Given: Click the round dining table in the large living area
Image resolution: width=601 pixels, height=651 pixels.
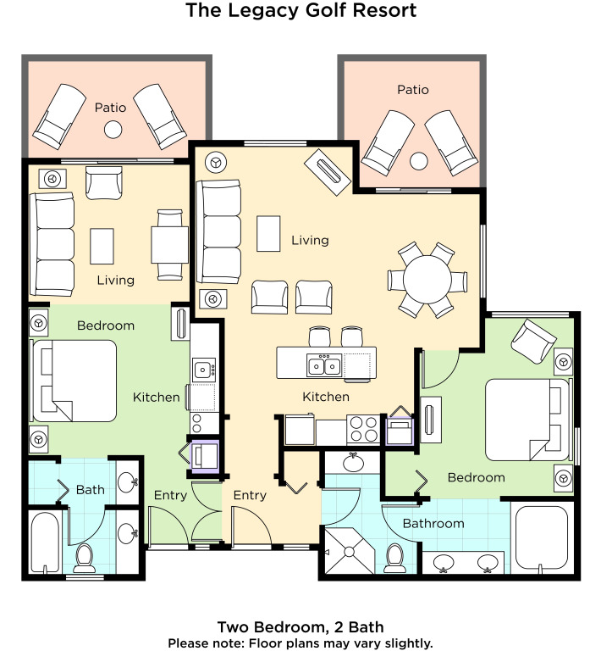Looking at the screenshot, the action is [427, 280].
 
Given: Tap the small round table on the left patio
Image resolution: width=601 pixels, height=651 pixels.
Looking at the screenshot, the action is [113, 130].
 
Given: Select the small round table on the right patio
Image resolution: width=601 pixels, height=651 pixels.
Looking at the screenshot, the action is [419, 161].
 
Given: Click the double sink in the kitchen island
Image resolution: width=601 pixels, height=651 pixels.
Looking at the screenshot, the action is [324, 366].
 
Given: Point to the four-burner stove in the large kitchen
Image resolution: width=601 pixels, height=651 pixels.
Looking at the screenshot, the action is [363, 429].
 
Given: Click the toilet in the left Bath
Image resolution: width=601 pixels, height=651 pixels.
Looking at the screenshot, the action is [85, 559].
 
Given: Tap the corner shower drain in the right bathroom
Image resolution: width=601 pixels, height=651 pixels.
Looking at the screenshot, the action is [349, 552].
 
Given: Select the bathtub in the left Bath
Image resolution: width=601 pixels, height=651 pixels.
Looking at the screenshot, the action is [45, 542].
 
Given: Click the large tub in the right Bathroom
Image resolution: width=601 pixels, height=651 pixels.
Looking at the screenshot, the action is [541, 538].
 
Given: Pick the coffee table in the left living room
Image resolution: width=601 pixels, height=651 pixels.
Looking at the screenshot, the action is [102, 246].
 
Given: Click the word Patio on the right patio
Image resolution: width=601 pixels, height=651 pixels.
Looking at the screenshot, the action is [413, 90].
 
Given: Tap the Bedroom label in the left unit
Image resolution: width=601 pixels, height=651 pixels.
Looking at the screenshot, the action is [106, 325].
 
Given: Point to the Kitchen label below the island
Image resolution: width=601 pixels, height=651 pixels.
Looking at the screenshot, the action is [326, 397].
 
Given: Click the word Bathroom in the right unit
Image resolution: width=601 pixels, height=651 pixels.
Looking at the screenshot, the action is [433, 523].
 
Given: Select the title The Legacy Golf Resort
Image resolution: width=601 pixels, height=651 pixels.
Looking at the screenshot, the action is [300, 10].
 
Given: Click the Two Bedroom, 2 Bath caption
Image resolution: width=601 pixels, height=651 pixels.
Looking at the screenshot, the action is [300, 627].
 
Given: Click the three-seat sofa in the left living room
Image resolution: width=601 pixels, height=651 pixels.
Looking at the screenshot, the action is [52, 244].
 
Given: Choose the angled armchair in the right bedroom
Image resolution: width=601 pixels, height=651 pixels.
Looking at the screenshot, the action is [533, 341].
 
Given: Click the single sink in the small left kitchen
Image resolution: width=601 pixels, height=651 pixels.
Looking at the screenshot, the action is [204, 369].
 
